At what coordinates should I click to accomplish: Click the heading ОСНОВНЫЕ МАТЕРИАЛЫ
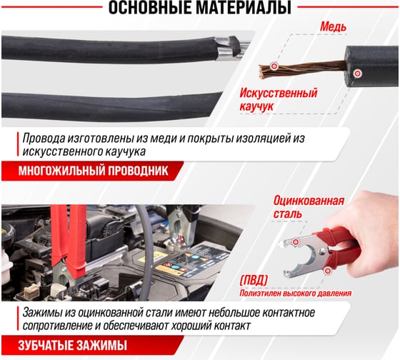tap(200, 8)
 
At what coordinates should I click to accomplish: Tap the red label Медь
tap(333, 26)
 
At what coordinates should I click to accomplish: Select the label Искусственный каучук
tap(279, 99)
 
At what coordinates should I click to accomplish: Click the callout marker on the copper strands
tap(274, 66)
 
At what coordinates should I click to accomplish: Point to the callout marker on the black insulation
tap(357, 74)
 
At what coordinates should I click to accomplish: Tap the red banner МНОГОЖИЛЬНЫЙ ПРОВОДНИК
tap(93, 171)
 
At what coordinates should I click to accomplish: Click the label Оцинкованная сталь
tap(309, 207)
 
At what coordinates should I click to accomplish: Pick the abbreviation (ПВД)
tap(254, 281)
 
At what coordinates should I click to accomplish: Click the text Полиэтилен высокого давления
tap(296, 294)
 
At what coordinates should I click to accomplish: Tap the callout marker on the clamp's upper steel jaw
tap(296, 241)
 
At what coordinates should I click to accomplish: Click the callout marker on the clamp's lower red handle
tap(328, 270)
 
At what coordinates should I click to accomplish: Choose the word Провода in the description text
tap(44, 138)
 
